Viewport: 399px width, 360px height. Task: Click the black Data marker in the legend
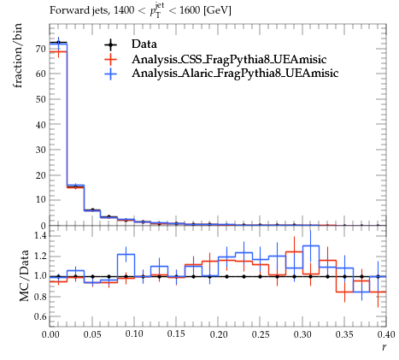[x=110, y=44]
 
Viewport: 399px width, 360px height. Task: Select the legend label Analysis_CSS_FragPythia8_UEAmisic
[x=229, y=60]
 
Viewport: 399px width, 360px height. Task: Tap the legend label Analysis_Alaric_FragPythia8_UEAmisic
[x=235, y=74]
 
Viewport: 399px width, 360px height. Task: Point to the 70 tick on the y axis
[x=41, y=49]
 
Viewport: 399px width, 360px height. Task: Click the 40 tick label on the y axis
[x=41, y=125]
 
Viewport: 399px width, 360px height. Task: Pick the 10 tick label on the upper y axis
[x=41, y=200]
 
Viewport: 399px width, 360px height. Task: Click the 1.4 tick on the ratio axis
[x=40, y=236]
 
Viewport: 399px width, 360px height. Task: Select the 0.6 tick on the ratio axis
[x=40, y=316]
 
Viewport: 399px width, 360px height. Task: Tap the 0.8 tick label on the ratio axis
[x=40, y=297]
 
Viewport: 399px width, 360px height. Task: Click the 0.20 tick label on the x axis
[x=219, y=334]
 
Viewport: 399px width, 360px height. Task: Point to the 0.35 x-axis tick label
[x=344, y=334]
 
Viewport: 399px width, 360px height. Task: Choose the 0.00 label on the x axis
[x=50, y=334]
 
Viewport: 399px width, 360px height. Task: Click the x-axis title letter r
[x=384, y=347]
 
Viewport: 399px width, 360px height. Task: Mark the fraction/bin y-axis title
[x=18, y=56]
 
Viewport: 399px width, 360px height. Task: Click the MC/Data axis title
[x=24, y=275]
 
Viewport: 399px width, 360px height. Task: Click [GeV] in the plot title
[x=217, y=11]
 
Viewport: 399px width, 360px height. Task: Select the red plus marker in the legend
[x=110, y=60]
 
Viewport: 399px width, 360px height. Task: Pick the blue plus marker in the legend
[x=110, y=74]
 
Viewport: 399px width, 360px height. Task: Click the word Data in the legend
[x=144, y=44]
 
